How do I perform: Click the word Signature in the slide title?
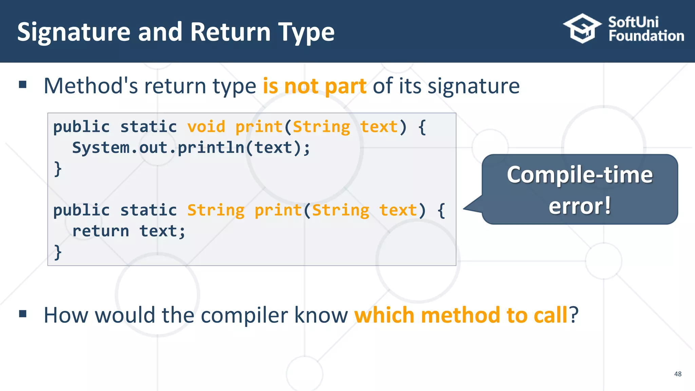click(x=74, y=32)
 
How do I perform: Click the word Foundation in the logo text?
click(x=646, y=36)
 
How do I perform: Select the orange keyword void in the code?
click(x=206, y=127)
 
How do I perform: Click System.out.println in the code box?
click(x=158, y=148)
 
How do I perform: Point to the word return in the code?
click(x=101, y=231)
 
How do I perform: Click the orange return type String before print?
click(x=216, y=210)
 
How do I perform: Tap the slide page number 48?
click(x=678, y=374)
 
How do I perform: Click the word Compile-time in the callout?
click(x=580, y=175)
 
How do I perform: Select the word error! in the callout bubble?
click(x=580, y=206)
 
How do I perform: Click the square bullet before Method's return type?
click(x=23, y=85)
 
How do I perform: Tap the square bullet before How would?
click(x=23, y=314)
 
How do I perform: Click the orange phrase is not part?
click(x=314, y=86)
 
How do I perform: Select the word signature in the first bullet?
click(x=473, y=86)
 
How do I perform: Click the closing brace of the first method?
click(x=58, y=169)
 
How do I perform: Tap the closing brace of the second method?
click(x=58, y=252)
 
